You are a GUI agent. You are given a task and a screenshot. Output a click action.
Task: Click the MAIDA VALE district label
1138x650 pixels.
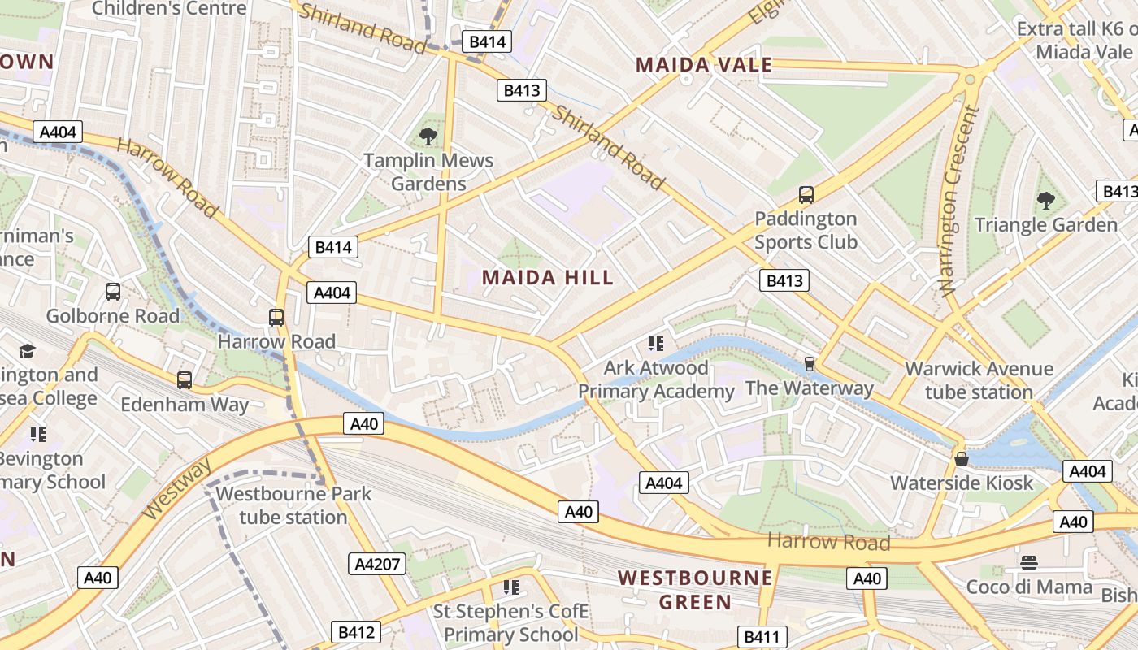703,65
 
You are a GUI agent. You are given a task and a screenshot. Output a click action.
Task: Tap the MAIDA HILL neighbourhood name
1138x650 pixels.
548,278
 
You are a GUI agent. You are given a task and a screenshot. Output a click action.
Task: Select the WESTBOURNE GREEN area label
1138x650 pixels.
695,590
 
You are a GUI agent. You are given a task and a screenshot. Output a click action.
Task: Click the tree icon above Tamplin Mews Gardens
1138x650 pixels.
428,136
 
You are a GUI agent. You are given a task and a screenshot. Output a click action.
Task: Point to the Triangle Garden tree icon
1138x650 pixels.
1046,200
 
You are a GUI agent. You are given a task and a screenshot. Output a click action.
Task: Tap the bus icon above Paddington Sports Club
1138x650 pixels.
806,195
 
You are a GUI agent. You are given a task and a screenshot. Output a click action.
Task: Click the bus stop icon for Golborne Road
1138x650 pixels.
113,292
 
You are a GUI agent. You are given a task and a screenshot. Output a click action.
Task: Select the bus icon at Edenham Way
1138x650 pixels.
185,379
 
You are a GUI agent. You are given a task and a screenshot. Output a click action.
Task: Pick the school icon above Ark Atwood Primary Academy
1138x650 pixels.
656,344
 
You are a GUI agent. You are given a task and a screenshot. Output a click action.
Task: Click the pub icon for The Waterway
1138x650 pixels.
809,363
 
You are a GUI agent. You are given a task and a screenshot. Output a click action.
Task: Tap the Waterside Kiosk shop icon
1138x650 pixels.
962,459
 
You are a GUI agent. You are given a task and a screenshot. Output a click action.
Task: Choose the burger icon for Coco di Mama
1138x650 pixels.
1029,562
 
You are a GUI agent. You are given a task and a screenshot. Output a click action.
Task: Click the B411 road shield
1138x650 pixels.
762,637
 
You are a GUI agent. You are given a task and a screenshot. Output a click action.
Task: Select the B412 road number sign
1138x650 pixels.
355,632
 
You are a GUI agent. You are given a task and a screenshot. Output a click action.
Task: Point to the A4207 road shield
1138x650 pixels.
377,564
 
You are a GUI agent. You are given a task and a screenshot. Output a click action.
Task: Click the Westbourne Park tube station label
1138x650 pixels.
293,505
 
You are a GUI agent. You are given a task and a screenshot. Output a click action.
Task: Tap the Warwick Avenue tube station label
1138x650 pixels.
979,380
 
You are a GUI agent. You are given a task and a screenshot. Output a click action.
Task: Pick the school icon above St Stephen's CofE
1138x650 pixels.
511,587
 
